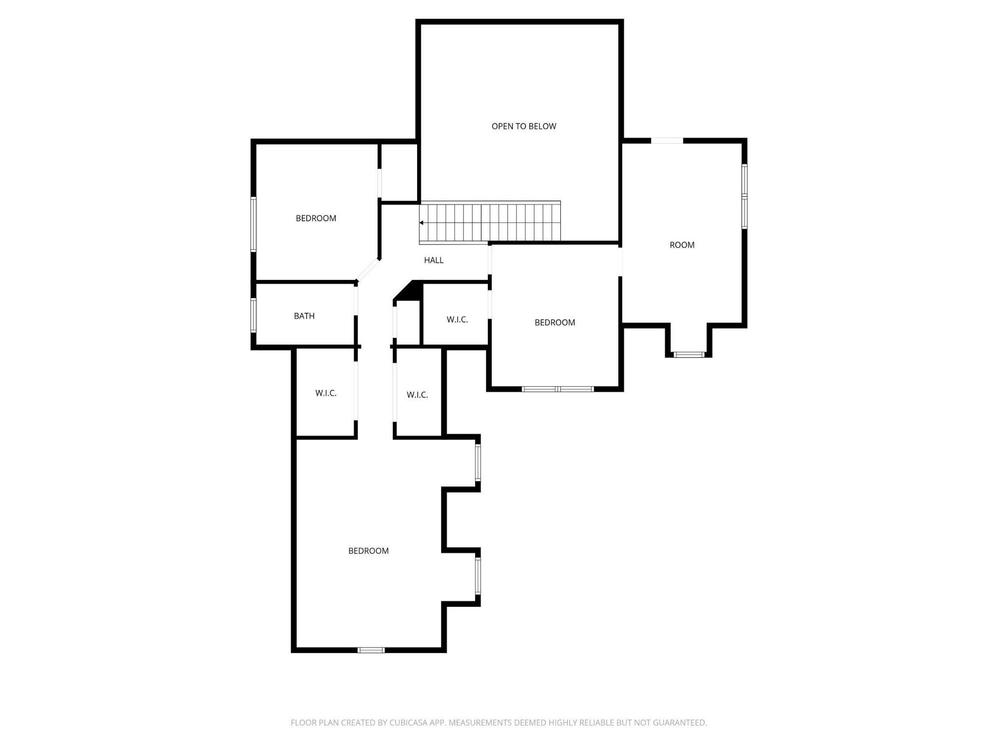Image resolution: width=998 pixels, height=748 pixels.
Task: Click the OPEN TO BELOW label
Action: click(524, 126)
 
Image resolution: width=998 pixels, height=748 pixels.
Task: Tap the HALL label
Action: click(434, 260)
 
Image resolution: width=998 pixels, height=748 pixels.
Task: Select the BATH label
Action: click(304, 316)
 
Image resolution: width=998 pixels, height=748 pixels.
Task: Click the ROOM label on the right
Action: click(682, 245)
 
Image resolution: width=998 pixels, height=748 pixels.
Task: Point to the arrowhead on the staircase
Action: click(422, 223)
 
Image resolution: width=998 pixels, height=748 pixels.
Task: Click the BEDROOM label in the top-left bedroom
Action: click(316, 218)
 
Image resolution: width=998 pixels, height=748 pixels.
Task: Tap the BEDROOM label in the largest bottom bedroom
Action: click(368, 551)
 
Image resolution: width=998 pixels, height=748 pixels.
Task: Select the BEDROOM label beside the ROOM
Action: click(555, 322)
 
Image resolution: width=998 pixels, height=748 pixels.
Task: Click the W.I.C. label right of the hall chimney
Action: click(457, 319)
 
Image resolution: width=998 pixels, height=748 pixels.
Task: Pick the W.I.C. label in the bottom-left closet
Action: click(326, 393)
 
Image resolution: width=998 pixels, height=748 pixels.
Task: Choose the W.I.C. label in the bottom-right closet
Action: click(417, 395)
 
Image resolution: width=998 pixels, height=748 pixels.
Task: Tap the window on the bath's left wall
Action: click(253, 315)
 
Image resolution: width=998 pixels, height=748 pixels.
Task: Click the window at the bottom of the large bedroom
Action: click(371, 650)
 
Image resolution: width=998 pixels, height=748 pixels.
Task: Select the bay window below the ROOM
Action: click(689, 355)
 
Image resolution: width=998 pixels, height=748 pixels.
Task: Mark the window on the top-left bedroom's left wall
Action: click(253, 224)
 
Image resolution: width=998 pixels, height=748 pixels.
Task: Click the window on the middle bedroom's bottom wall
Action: click(558, 389)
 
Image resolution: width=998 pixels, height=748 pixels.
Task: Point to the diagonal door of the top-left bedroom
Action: click(368, 270)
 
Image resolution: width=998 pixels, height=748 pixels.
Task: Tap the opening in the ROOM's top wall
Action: click(667, 141)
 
